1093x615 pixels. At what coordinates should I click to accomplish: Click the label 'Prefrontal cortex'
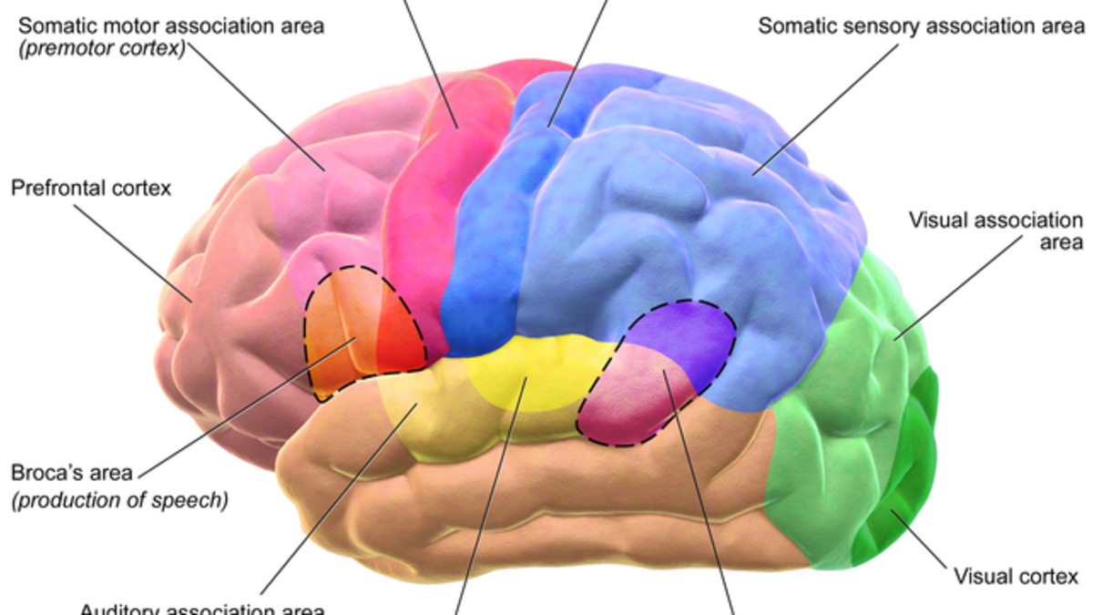(91, 189)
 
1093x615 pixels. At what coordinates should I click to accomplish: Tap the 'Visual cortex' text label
(1015, 576)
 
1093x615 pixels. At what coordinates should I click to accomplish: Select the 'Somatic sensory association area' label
(922, 26)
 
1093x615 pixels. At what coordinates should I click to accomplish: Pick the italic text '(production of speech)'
(118, 500)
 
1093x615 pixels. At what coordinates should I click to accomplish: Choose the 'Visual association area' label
(996, 231)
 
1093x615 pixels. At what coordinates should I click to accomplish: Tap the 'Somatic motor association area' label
(170, 26)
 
